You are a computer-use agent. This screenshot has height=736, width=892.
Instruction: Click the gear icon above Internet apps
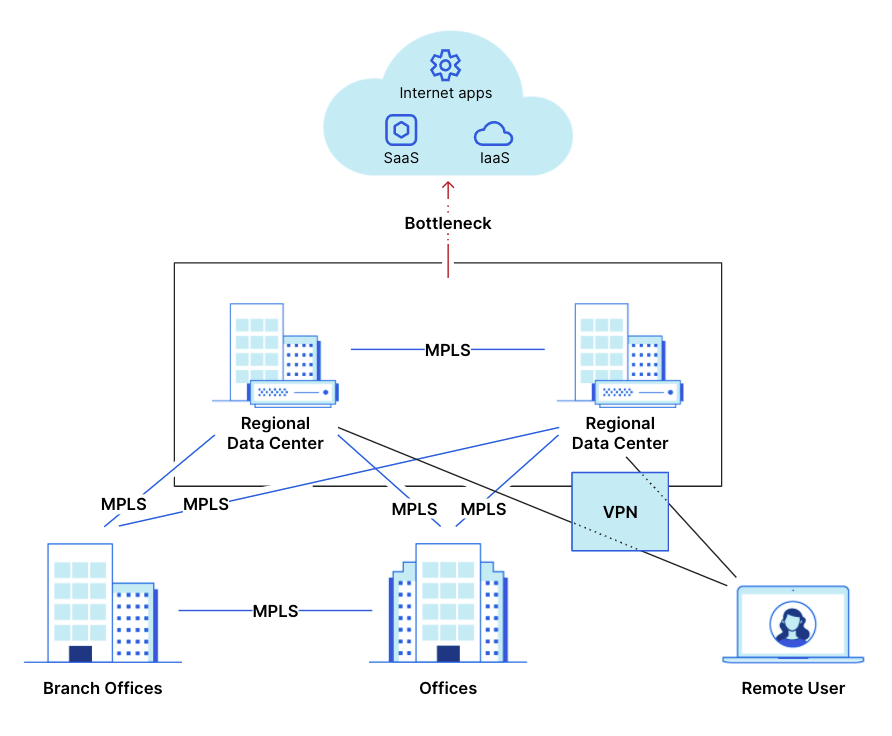click(445, 65)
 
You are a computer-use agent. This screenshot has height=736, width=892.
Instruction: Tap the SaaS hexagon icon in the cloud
click(400, 130)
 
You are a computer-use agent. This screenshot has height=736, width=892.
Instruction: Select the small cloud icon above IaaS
click(493, 134)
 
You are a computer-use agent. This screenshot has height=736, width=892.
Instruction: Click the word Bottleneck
click(447, 223)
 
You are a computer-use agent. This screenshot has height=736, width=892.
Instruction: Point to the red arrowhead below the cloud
click(448, 187)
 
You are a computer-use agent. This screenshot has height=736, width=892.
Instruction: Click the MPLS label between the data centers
click(447, 350)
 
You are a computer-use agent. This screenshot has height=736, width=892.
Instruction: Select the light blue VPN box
click(619, 511)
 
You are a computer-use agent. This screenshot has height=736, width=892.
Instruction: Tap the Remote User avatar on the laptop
click(792, 624)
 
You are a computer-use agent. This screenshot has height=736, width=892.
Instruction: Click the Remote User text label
click(792, 688)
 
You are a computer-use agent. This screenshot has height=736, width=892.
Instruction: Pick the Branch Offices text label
click(102, 688)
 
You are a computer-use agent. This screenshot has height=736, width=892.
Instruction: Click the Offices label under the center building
click(447, 688)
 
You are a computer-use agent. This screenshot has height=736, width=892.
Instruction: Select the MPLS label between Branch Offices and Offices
click(275, 611)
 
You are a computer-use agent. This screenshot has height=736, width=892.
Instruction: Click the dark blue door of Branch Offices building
click(80, 654)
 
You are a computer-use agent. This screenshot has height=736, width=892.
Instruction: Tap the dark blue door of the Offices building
click(448, 654)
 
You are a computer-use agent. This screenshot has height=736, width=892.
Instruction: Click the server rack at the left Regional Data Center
click(291, 392)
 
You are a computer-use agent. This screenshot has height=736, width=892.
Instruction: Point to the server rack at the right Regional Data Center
click(637, 392)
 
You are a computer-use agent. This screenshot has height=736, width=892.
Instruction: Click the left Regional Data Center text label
click(275, 433)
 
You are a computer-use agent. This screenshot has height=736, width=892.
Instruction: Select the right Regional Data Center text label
click(620, 433)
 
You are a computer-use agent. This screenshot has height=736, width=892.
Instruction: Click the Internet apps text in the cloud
click(445, 93)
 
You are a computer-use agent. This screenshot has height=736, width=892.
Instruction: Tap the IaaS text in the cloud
click(494, 158)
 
